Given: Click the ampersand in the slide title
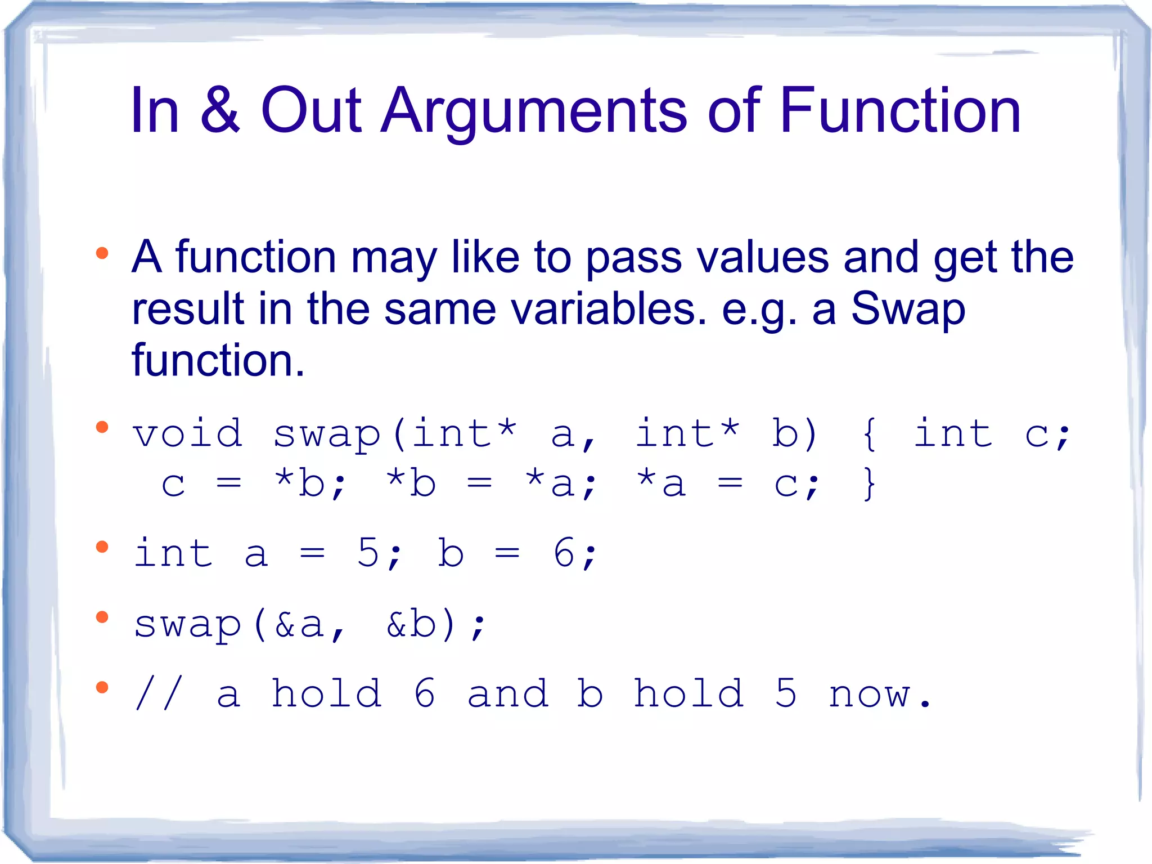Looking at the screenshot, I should click(220, 110).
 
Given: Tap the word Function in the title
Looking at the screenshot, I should click(899, 110).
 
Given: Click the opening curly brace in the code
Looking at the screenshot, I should click(870, 435).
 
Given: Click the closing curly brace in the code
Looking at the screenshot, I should click(870, 484).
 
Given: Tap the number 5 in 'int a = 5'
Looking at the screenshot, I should click(368, 553).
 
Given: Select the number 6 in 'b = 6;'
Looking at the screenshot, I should click(564, 553).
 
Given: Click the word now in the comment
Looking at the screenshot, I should click(870, 695).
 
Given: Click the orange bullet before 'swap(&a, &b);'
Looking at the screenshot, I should click(102, 617).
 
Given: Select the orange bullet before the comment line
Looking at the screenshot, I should click(102, 687).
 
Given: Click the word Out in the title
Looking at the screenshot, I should click(311, 110).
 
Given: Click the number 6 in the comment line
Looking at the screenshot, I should click(425, 693).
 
